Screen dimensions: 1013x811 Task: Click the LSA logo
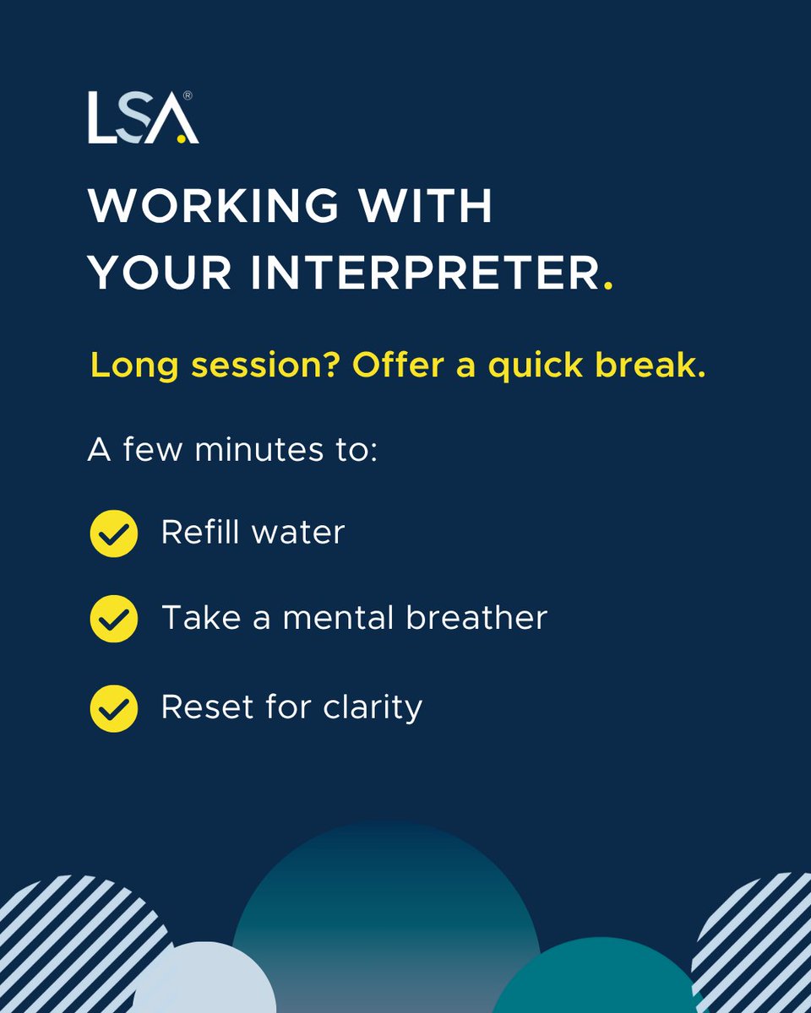pos(142,118)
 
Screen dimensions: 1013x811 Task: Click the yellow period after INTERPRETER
pos(608,287)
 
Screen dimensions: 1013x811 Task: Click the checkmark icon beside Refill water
pos(113,534)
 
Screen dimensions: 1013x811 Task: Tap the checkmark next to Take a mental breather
pos(113,620)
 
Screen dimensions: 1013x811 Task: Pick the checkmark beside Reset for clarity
pos(113,707)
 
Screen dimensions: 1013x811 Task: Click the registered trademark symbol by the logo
pos(187,96)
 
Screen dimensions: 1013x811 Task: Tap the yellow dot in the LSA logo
pos(181,139)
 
